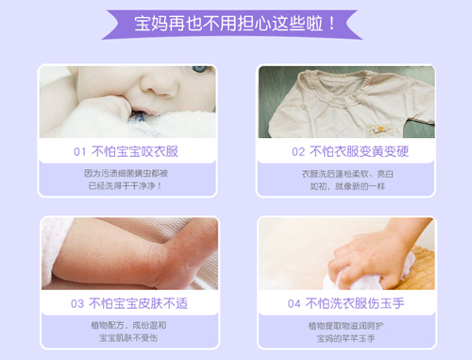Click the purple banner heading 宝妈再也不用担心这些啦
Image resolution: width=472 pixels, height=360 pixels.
tap(236, 22)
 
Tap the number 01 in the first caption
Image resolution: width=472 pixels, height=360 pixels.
tap(79, 151)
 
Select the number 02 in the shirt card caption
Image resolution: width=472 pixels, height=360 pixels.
tap(298, 151)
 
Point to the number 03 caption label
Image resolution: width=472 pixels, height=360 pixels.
tap(77, 303)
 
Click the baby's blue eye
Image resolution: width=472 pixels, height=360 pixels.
tap(198, 71)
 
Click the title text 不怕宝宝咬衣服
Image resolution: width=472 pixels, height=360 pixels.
tap(138, 151)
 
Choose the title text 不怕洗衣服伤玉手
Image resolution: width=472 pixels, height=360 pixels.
tap(357, 303)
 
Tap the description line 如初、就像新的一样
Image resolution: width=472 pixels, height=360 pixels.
tap(346, 186)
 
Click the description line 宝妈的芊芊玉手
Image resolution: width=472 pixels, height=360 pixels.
tap(346, 338)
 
